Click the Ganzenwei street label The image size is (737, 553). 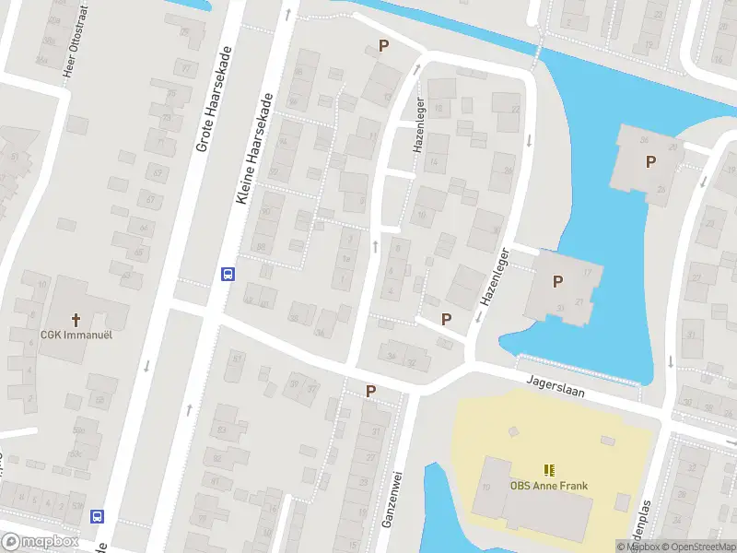[x=391, y=499]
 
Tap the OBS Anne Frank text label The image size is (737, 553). [x=549, y=487]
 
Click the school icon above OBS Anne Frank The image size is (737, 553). [x=549, y=470]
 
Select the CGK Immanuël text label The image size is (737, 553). [x=76, y=335]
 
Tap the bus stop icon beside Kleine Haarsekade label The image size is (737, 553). [x=227, y=274]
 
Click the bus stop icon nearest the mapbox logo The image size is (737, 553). [x=97, y=516]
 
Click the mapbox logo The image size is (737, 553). [x=40, y=542]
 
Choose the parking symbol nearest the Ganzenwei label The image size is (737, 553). [x=370, y=392]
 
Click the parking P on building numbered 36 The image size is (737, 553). [x=650, y=162]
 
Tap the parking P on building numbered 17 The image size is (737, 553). [x=557, y=282]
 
